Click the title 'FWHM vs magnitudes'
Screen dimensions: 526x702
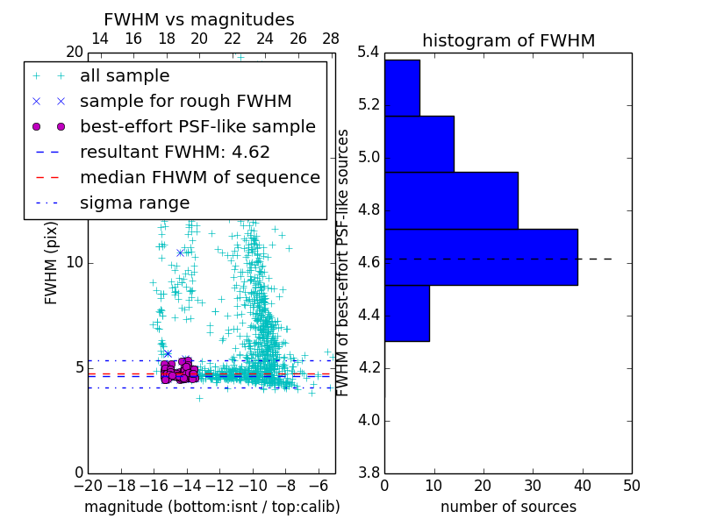(199, 19)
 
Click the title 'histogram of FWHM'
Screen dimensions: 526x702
(508, 40)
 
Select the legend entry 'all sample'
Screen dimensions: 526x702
(125, 76)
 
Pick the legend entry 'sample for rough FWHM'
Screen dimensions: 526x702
(185, 101)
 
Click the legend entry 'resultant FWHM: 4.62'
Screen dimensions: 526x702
(175, 152)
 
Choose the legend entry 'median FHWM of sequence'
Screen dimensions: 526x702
(199, 177)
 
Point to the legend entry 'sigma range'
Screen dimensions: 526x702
(134, 203)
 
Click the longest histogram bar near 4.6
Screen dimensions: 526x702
(481, 257)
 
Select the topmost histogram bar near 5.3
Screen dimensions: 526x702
(402, 88)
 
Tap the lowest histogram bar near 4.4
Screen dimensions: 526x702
(407, 313)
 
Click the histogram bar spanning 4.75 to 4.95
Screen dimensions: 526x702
(451, 200)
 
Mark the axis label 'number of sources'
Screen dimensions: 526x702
(508, 507)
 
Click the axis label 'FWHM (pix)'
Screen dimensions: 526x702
(52, 261)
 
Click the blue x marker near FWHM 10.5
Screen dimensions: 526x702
(180, 252)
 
